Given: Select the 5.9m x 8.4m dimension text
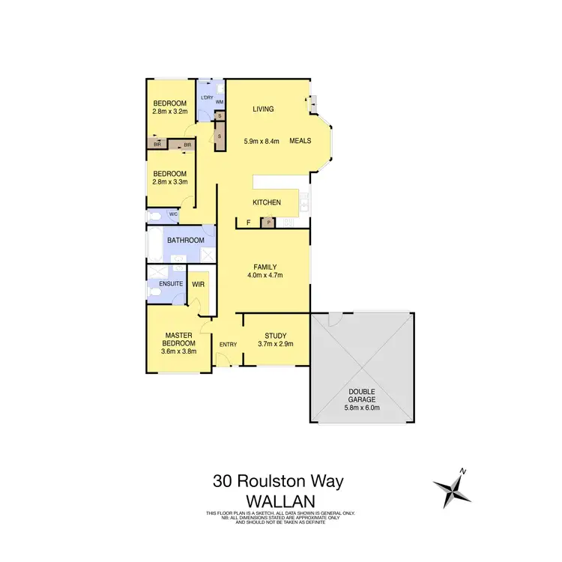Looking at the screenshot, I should [x=262, y=141].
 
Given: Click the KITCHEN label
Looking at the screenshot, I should [x=266, y=202].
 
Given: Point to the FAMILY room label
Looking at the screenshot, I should [x=265, y=267].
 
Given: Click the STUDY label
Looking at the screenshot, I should [x=276, y=336].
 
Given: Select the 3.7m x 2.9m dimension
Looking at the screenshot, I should [x=276, y=344].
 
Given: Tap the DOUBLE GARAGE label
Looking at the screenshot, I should [x=361, y=395].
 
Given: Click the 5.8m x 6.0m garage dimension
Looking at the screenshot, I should [x=361, y=408].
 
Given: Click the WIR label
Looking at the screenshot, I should [x=199, y=285].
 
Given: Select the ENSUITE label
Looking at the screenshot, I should [x=170, y=284].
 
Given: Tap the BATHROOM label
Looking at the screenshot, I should [x=186, y=241].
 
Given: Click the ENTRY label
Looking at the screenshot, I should [x=228, y=345].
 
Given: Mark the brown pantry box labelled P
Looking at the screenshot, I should [x=266, y=223].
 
